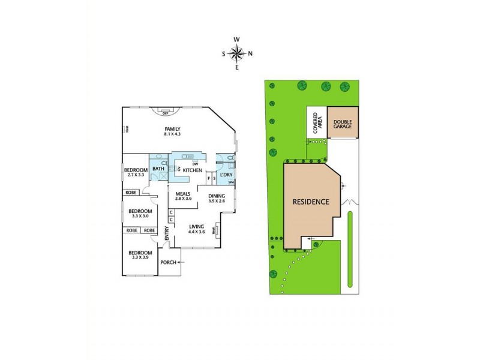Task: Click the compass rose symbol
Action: click(237, 53)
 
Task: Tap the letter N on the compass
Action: click(250, 53)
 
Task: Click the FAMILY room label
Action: click(173, 129)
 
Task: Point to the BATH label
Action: click(158, 169)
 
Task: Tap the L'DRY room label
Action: click(226, 175)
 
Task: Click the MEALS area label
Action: click(183, 194)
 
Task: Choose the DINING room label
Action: click(217, 196)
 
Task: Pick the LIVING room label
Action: click(197, 227)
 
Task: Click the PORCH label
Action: click(168, 262)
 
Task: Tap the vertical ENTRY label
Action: click(167, 231)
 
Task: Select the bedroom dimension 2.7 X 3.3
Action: click(135, 175)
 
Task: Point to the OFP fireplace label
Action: click(166, 110)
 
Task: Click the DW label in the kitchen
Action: click(196, 164)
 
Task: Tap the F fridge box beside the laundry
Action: click(208, 178)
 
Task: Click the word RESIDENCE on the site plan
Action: click(311, 202)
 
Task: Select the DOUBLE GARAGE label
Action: click(343, 122)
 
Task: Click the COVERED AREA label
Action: click(317, 123)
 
